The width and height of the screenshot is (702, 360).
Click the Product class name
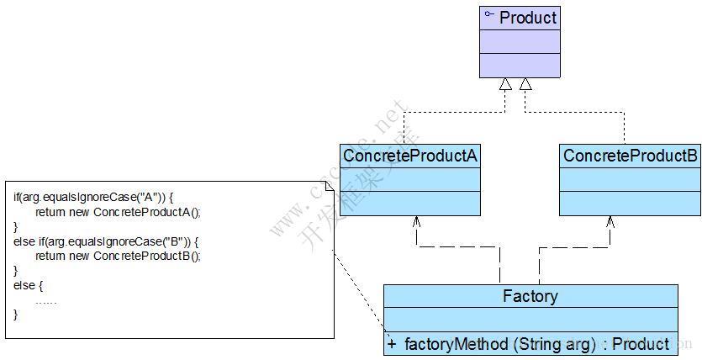tap(528, 18)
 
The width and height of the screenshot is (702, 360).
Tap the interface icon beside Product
tap(488, 15)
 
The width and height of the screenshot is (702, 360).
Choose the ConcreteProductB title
tap(631, 156)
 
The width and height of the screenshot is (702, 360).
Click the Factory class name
tap(530, 296)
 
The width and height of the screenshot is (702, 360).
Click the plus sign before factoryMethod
tap(392, 343)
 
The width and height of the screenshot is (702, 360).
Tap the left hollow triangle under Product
tap(504, 84)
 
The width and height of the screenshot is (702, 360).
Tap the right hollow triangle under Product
tap(525, 84)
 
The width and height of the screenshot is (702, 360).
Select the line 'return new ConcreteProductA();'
tap(118, 212)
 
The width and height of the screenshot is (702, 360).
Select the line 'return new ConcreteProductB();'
tap(118, 255)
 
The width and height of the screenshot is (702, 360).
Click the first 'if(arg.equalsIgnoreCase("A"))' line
tap(93, 197)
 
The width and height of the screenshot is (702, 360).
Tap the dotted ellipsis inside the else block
tap(46, 300)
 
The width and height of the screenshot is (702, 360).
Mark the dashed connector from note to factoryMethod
tap(357, 294)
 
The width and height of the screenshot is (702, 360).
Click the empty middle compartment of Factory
tap(530, 320)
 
